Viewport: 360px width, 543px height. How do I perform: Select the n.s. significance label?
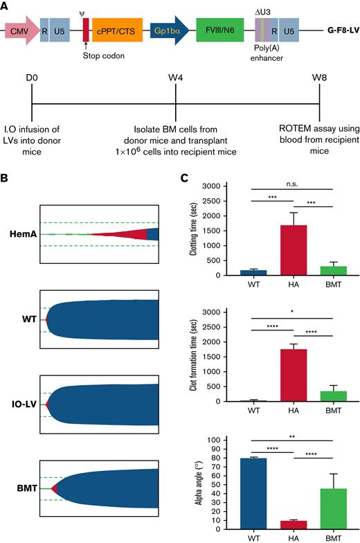(276, 181)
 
